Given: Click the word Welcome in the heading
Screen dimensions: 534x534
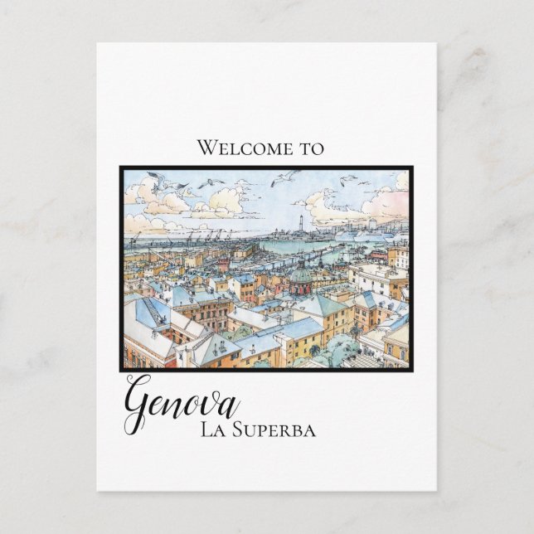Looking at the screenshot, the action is pyautogui.click(x=240, y=148).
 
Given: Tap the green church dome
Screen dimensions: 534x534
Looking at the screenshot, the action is pyautogui.click(x=301, y=274).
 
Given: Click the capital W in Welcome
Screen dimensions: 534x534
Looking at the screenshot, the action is pyautogui.click(x=206, y=148).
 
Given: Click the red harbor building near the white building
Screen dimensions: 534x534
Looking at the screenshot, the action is pyautogui.click(x=378, y=255).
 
